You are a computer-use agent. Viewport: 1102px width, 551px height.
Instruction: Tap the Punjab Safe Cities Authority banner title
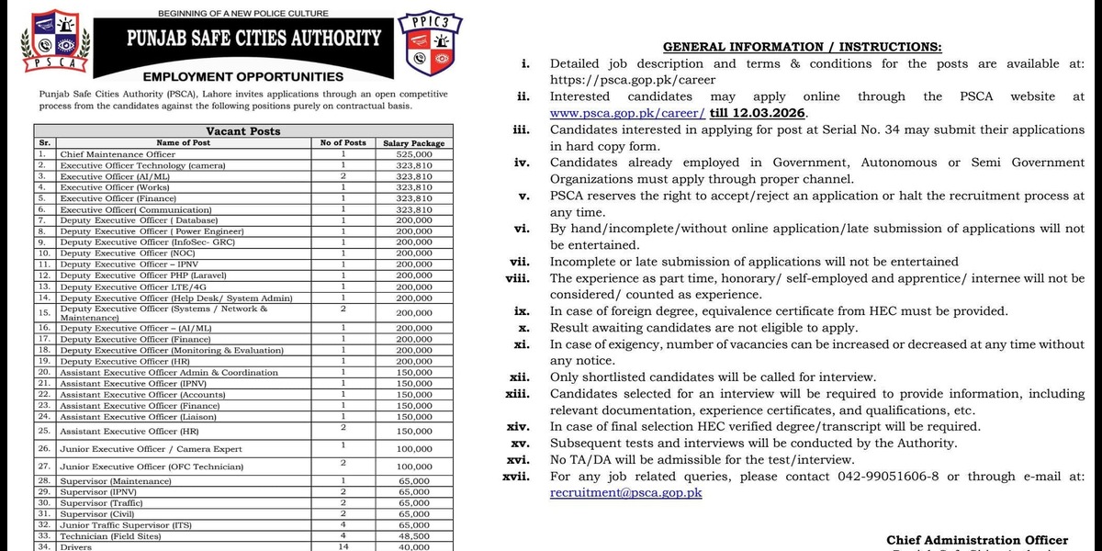[x=253, y=39]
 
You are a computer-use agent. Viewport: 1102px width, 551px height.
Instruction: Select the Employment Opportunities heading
[x=243, y=77]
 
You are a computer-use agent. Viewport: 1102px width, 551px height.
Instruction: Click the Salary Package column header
[x=414, y=143]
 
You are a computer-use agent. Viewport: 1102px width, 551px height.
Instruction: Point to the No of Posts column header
[x=343, y=143]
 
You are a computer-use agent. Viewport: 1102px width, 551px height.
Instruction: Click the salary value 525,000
[x=414, y=154]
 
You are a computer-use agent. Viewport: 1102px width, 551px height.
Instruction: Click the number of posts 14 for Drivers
[x=343, y=546]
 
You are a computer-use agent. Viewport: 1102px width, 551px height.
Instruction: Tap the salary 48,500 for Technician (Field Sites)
[x=414, y=535]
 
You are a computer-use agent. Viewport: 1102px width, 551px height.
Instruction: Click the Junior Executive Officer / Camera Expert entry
[x=151, y=449]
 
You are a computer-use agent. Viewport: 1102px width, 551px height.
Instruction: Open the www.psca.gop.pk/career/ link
[x=628, y=113]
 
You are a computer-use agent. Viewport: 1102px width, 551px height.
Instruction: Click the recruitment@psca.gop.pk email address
[x=626, y=493]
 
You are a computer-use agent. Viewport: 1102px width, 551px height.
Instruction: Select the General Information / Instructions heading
[x=802, y=47]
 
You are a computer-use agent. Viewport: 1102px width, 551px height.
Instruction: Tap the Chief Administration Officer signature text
[x=977, y=540]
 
